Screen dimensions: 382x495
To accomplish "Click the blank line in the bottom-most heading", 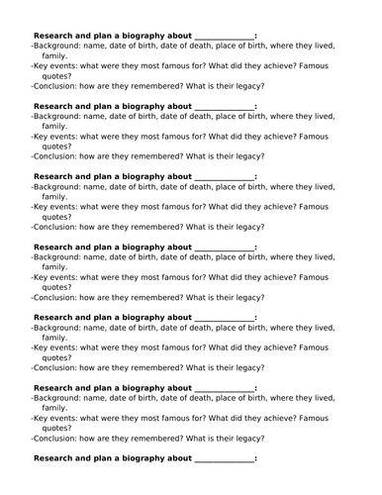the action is pos(224,458).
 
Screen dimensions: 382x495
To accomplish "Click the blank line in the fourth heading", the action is pos(224,247).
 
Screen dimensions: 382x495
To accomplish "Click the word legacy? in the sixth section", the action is pos(247,439).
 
